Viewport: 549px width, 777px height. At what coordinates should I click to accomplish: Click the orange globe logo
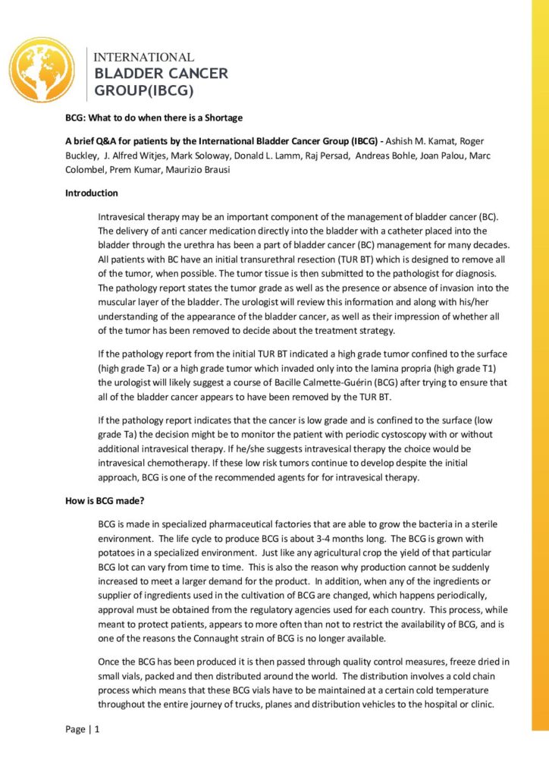click(44, 70)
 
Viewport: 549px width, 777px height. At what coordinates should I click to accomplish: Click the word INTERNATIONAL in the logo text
click(143, 58)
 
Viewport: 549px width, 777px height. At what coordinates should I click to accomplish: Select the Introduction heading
click(91, 193)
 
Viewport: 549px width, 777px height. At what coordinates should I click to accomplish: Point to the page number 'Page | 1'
click(83, 729)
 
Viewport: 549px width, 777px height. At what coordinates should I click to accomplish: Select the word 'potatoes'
click(118, 553)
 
